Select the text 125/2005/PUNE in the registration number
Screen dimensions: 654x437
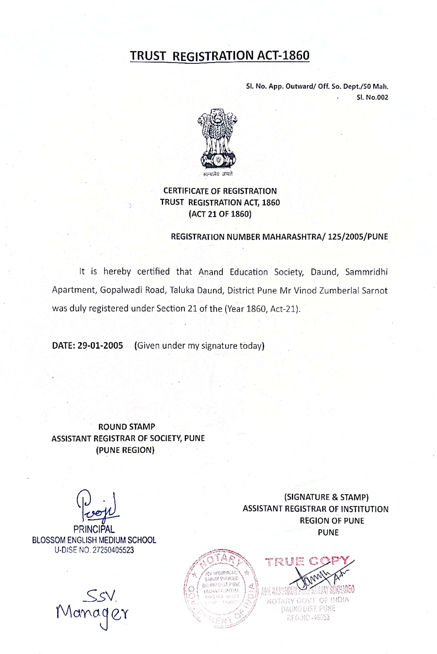click(358, 237)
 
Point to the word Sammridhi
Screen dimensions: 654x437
click(366, 272)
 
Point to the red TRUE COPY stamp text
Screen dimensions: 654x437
click(307, 561)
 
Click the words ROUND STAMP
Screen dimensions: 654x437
click(127, 427)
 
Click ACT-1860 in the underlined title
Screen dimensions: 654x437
click(283, 55)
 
